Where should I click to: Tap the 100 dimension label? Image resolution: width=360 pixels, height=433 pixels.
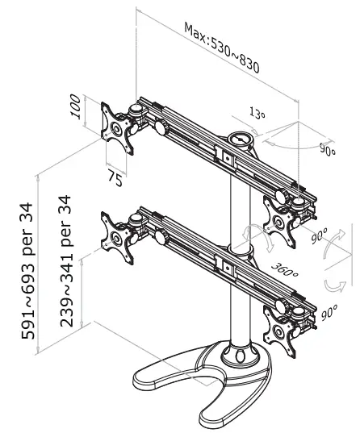tap(75, 108)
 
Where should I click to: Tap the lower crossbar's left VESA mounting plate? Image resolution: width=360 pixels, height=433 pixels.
tap(118, 235)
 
